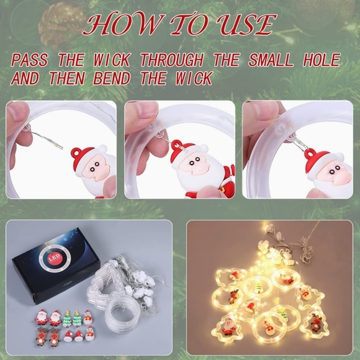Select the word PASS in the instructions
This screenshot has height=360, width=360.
[30, 61]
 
